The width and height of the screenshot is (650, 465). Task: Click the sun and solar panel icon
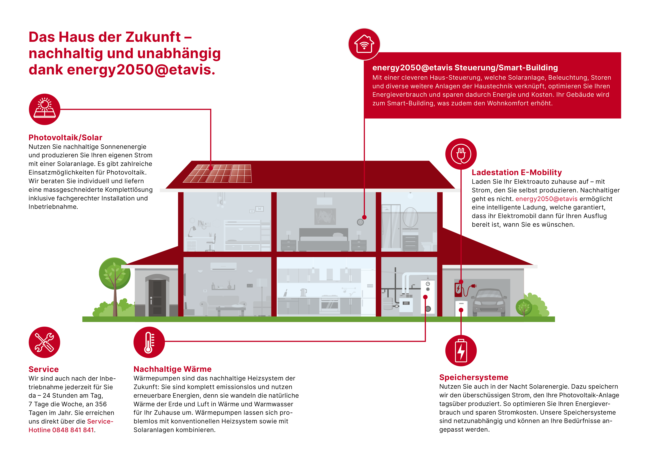(45, 109)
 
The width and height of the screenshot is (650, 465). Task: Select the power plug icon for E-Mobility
(461, 154)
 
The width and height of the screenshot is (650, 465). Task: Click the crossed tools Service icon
(45, 342)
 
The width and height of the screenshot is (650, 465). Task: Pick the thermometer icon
(149, 342)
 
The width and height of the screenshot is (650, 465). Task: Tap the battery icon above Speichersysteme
(461, 351)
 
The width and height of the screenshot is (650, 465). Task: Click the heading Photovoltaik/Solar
(65, 138)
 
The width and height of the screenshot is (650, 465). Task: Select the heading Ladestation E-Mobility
(516, 172)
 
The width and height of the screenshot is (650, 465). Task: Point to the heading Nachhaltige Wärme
(173, 369)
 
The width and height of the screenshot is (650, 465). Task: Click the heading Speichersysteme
(474, 377)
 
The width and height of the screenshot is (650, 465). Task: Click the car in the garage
(489, 302)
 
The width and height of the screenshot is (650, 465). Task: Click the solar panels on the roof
(217, 173)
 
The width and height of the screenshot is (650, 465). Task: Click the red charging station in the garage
(458, 289)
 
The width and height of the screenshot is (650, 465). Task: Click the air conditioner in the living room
(223, 266)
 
